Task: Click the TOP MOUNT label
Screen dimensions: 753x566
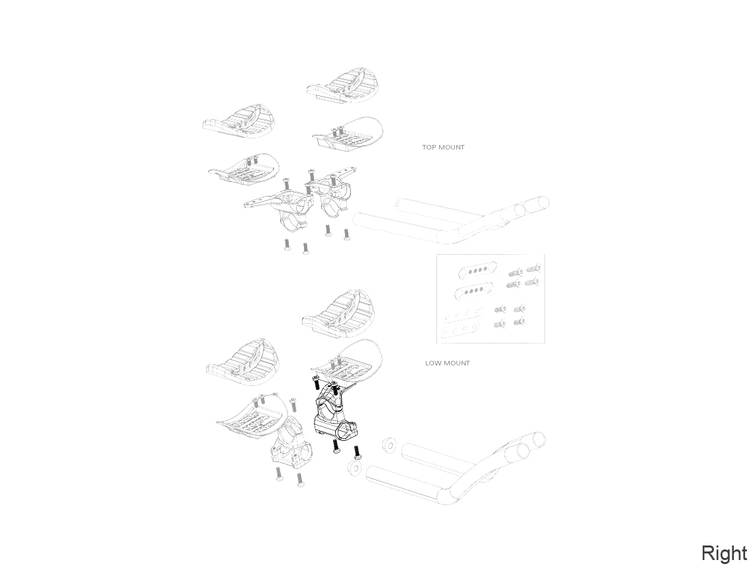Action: pyautogui.click(x=443, y=148)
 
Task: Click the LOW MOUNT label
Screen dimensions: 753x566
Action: pyautogui.click(x=447, y=363)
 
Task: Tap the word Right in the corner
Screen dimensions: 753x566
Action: pyautogui.click(x=725, y=553)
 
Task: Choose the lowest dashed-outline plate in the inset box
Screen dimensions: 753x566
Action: pyautogui.click(x=460, y=330)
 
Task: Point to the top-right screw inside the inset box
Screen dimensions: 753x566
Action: pyautogui.click(x=534, y=268)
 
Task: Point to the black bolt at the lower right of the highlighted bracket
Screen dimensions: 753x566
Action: pyautogui.click(x=357, y=452)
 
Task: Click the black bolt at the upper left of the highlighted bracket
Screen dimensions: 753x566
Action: pyautogui.click(x=316, y=383)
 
